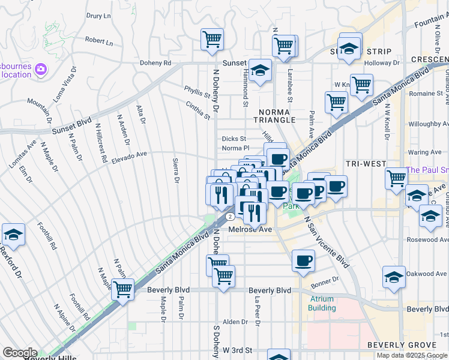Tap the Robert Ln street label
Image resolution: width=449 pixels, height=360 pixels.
99,41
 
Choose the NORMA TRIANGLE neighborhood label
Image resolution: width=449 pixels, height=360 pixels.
277,116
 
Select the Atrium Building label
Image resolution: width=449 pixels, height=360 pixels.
322,304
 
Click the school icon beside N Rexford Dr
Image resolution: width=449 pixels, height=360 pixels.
13,235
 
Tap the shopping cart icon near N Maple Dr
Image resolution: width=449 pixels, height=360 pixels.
122,289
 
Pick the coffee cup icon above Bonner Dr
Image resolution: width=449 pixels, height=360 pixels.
304,260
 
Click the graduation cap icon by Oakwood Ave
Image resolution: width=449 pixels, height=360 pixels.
394,277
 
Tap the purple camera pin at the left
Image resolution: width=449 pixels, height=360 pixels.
41,70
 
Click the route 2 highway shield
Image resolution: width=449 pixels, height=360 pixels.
229,217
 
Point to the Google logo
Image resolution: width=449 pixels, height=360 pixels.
19,353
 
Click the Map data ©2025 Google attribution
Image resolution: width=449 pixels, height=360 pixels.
412,355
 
